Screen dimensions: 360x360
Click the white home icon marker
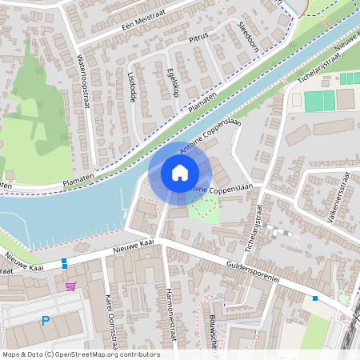(x=180, y=173)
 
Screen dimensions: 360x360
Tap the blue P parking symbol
(x=46, y=322)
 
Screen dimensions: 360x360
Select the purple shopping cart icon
(x=70, y=286)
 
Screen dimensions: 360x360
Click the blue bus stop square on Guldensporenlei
(x=316, y=298)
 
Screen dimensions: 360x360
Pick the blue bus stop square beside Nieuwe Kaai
(x=64, y=262)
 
